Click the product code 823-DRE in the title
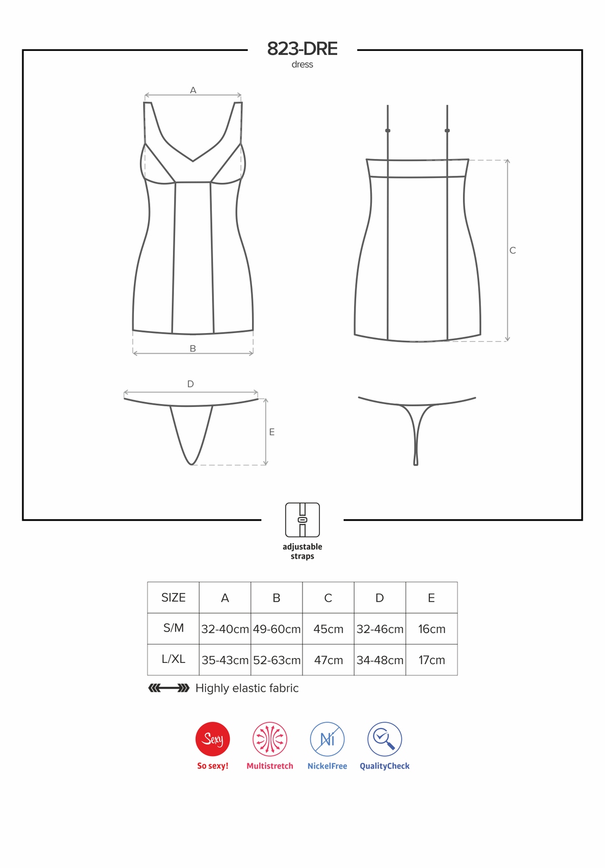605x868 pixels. [302, 49]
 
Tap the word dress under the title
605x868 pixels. [302, 65]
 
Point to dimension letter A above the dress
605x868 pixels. [193, 90]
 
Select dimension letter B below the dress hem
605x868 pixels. [193, 348]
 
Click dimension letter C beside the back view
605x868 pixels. [512, 250]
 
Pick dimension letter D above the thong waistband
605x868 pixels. [190, 384]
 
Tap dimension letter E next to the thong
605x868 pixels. [272, 432]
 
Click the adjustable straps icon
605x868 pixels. [302, 520]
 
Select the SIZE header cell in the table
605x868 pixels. [173, 597]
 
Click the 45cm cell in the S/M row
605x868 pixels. [328, 629]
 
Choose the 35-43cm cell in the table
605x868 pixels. [225, 660]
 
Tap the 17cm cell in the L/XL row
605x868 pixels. [432, 660]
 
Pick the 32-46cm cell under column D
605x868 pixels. [380, 629]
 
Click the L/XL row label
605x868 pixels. [173, 659]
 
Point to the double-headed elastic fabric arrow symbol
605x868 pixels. [169, 688]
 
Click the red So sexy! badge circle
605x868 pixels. [213, 739]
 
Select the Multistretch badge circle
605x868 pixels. [270, 739]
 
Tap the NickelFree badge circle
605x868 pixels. [327, 739]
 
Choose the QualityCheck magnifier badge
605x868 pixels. [384, 739]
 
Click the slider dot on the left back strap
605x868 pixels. [388, 131]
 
